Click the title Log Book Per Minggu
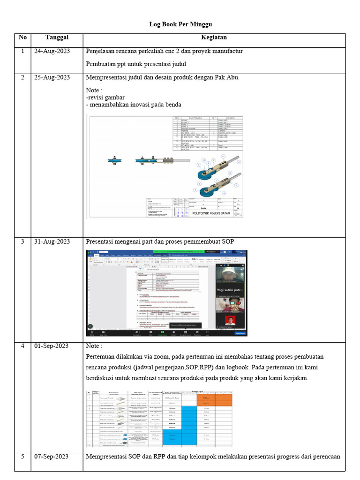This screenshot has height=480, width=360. click(180, 24)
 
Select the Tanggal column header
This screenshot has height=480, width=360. click(57, 37)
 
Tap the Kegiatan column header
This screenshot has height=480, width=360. click(214, 37)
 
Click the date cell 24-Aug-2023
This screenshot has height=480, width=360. click(52, 51)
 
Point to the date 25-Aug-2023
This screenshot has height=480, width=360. click(52, 77)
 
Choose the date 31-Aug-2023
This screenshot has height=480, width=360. click(52, 241)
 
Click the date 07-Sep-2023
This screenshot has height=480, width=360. click(52, 457)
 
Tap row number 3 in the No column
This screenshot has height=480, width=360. click(22, 241)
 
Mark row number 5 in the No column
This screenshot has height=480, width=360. click(22, 457)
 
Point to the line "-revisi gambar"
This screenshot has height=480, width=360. click(105, 97)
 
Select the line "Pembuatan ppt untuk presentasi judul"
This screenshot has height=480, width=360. click(136, 64)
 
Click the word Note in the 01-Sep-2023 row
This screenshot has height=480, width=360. click(93, 346)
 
